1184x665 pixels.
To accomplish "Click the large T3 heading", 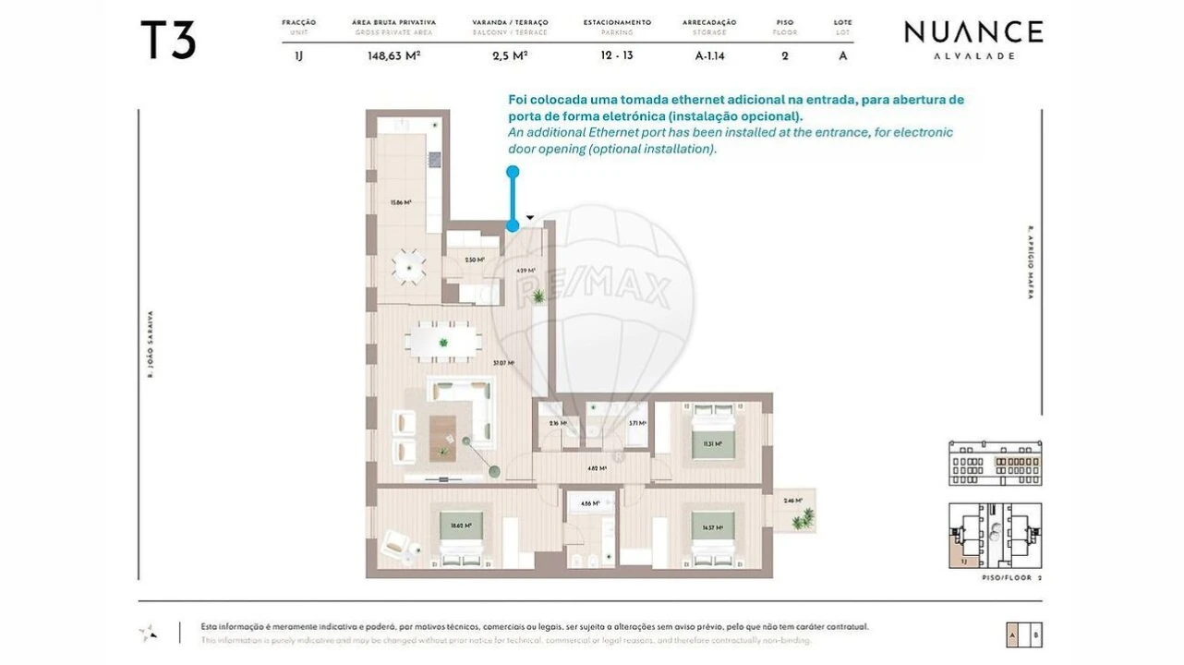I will (167, 41).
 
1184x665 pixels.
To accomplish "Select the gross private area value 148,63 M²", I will (393, 55).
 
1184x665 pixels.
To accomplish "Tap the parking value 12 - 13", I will (616, 55).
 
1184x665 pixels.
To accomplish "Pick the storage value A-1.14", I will (709, 55).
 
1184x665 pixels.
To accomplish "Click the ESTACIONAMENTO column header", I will (617, 22).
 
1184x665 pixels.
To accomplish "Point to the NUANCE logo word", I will (973, 32).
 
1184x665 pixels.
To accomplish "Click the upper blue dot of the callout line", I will (513, 172).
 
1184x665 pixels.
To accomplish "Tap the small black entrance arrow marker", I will (529, 219).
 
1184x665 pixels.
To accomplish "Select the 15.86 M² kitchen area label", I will (400, 202).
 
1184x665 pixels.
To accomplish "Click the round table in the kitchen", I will (408, 268).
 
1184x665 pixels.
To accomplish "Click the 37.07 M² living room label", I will (503, 363).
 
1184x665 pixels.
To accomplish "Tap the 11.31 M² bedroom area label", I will (711, 443).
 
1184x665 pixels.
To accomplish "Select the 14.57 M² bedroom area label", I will (711, 528).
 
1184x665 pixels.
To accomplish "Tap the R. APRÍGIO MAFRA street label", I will (1030, 263).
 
